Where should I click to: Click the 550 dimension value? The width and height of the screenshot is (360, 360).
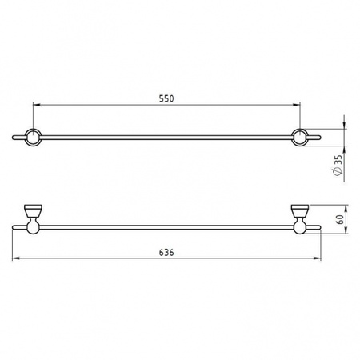tap(166, 98)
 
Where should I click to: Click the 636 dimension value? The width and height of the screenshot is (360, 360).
tap(166, 252)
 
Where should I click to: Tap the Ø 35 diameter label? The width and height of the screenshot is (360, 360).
tap(338, 166)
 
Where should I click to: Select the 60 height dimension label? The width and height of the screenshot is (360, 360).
tap(340, 219)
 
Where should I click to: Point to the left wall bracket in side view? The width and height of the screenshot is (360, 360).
tap(33, 219)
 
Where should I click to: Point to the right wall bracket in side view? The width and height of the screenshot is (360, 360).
tap(300, 219)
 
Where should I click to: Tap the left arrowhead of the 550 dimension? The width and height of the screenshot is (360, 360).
tap(36, 105)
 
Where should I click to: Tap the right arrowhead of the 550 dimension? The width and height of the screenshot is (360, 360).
tap(297, 105)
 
